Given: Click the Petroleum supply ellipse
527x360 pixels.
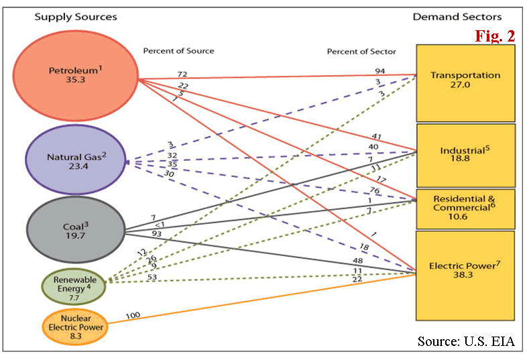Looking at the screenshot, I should pyautogui.click(x=75, y=75).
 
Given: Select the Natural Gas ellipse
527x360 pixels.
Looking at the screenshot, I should pyautogui.click(x=75, y=160).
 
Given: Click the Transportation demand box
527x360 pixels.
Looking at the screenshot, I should pyautogui.click(x=465, y=81).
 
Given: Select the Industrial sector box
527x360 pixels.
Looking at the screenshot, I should pyautogui.click(x=465, y=154).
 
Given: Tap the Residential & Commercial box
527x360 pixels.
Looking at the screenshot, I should pyautogui.click(x=465, y=208).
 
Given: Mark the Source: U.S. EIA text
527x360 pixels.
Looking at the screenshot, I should pyautogui.click(x=466, y=341).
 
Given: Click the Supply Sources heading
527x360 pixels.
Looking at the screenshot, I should pyautogui.click(x=76, y=16).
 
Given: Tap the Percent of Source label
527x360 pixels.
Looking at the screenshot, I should pyautogui.click(x=178, y=51).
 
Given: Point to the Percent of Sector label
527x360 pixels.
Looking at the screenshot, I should pyautogui.click(x=361, y=52).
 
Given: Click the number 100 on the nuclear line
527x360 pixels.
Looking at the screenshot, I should pyautogui.click(x=133, y=314).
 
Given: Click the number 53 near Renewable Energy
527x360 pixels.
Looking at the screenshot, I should pyautogui.click(x=153, y=276).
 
